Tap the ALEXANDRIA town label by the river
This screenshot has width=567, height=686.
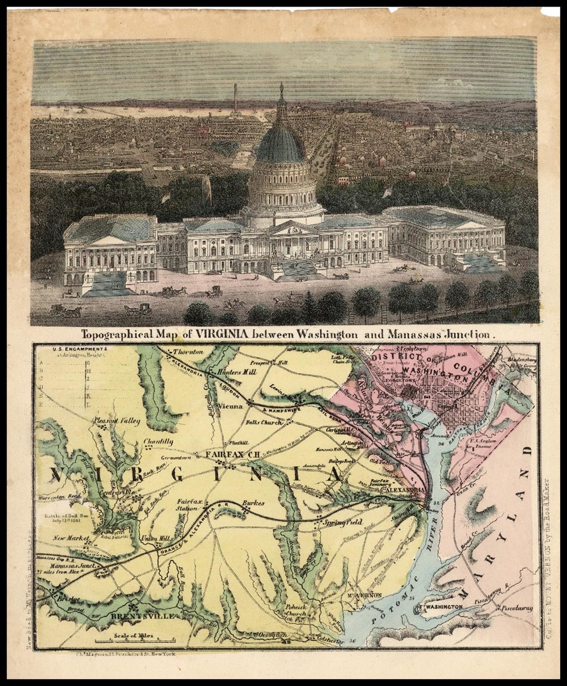click(x=406, y=490)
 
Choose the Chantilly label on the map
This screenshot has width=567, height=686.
click(x=158, y=441)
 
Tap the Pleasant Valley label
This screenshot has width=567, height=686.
click(x=117, y=421)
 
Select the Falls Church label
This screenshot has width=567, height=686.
click(x=264, y=422)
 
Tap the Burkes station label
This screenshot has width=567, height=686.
click(x=253, y=503)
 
